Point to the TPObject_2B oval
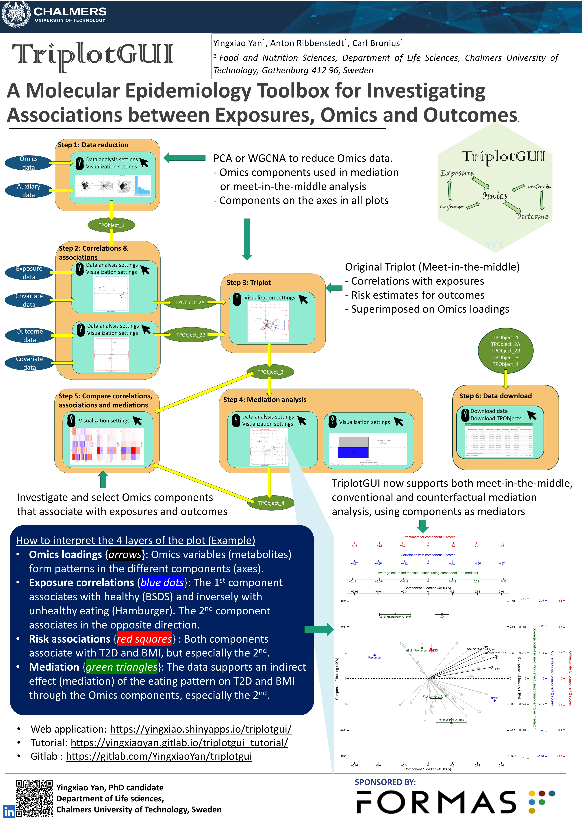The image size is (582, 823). click(191, 335)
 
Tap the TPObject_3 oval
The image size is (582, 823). click(270, 372)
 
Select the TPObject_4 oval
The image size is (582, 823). click(271, 503)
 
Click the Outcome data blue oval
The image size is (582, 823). click(29, 336)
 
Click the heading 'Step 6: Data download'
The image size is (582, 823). click(495, 396)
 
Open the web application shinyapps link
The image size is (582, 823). click(201, 729)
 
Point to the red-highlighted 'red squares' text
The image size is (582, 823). click(144, 639)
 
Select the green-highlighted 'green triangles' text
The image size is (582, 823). click(121, 667)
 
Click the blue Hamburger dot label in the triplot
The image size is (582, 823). click(375, 657)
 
